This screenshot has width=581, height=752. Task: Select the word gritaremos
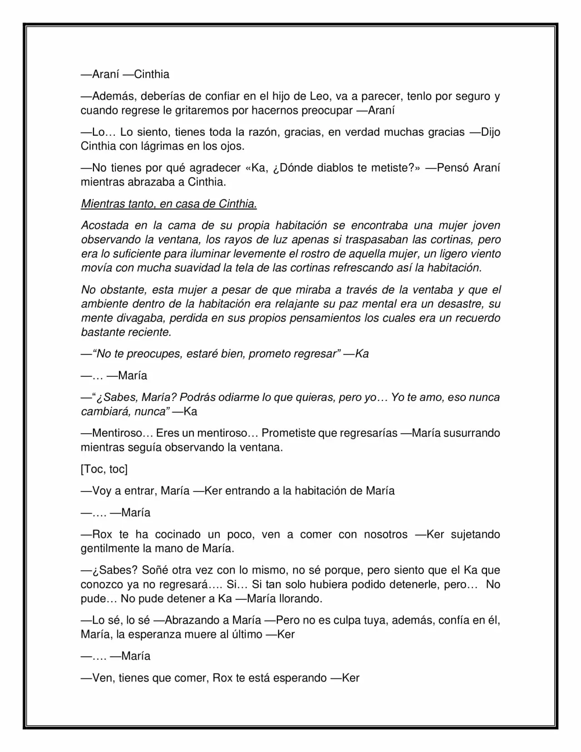point(202,110)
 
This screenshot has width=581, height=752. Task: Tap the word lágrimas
point(171,146)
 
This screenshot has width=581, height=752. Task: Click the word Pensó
point(453,168)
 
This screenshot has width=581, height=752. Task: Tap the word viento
point(482,254)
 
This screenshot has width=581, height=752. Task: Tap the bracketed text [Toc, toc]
point(104,469)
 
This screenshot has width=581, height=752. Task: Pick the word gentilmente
point(110,549)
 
